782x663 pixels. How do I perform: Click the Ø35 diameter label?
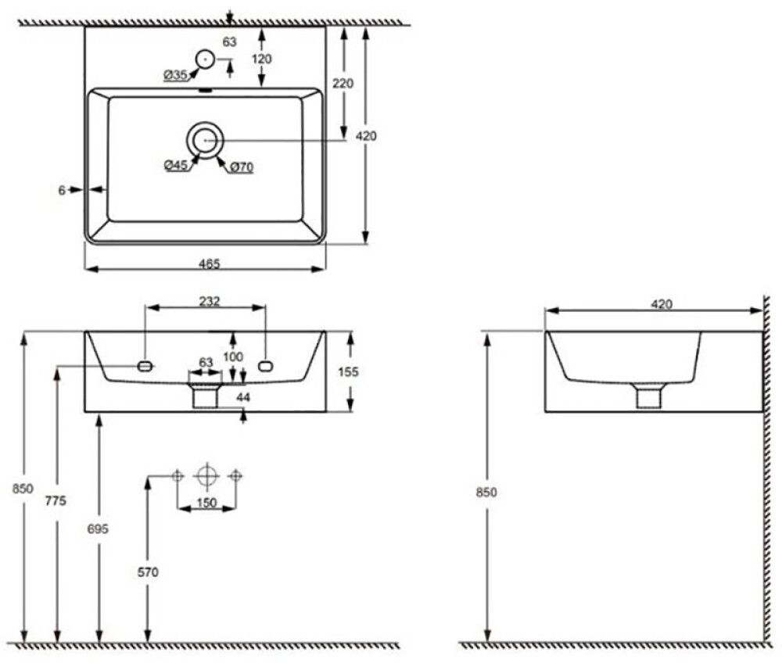click(x=175, y=75)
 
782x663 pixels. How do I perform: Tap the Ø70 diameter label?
click(x=240, y=166)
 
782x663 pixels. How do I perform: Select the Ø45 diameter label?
click(x=175, y=165)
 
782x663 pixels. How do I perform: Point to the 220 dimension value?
click(x=343, y=84)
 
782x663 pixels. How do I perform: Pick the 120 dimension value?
click(x=261, y=59)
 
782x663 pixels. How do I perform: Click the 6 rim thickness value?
click(x=62, y=189)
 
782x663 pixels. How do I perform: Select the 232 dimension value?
click(x=209, y=301)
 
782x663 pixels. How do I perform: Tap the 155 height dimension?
click(x=349, y=372)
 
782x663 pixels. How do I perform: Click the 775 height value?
click(x=56, y=501)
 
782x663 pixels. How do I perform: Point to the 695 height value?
click(x=99, y=529)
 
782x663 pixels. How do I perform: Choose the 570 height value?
click(x=148, y=572)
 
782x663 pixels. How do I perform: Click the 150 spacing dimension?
click(x=206, y=503)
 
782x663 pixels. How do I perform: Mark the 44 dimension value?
click(x=243, y=398)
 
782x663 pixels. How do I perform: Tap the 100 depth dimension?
click(x=233, y=357)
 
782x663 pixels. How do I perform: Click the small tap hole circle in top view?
click(x=205, y=57)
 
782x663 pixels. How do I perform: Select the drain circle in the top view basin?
click(x=205, y=139)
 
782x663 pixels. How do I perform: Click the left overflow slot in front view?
click(x=144, y=365)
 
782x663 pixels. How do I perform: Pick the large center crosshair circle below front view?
click(x=206, y=475)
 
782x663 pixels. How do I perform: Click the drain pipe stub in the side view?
click(x=649, y=397)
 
